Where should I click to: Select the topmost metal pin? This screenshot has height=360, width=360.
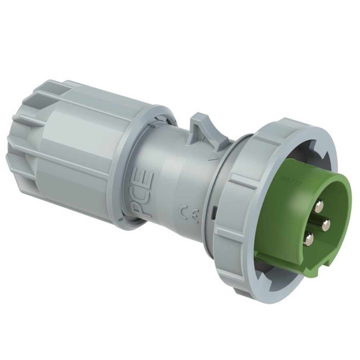pos(318,206)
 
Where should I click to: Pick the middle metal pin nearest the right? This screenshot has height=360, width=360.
pos(326,225)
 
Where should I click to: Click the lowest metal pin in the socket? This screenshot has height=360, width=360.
pos(308,239)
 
